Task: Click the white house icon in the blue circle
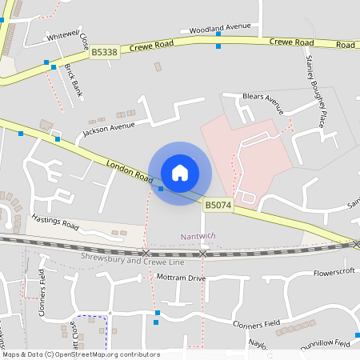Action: [x=180, y=172]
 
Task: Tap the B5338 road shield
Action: [x=103, y=51]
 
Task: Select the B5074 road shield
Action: [x=218, y=206]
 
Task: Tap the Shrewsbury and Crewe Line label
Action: [x=133, y=261]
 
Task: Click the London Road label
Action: [x=129, y=170]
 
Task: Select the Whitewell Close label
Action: [x=69, y=36]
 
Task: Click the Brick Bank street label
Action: [x=73, y=78]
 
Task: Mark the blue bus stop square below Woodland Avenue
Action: [x=218, y=46]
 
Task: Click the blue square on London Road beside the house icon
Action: [x=161, y=189]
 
